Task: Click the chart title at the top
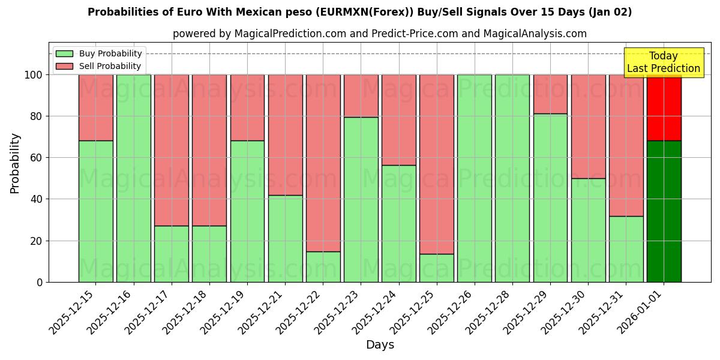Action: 359,12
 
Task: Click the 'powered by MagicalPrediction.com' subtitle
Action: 379,34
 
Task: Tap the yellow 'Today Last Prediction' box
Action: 663,62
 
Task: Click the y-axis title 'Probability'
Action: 15,163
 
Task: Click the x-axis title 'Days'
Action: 380,345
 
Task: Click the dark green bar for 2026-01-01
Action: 664,211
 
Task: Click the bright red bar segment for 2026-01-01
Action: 664,108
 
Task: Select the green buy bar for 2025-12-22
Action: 323,266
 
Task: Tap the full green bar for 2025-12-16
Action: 133,178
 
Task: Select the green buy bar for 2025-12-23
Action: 361,199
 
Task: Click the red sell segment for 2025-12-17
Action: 171,150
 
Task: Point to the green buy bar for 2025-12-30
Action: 588,230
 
